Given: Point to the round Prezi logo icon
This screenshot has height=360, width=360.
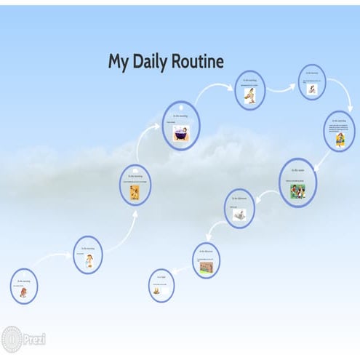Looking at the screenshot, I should tap(12, 339).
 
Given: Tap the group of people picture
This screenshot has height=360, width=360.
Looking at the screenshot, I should tap(297, 191).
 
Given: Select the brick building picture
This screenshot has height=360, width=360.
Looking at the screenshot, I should tap(206, 267).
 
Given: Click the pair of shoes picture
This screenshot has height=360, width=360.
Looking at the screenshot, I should tap(249, 97).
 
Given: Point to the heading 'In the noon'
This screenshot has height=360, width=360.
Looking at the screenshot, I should tap(297, 171).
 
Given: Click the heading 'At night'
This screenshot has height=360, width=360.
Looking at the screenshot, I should tap(161, 277).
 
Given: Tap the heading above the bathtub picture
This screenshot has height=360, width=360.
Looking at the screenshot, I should tap(180, 116).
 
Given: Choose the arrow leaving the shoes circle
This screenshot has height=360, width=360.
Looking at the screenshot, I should tap(281, 90).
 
